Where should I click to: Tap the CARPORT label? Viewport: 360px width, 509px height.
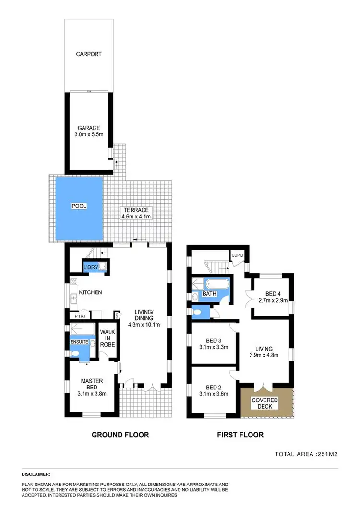pyautogui.click(x=89, y=54)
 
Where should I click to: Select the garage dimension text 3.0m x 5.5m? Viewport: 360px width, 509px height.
pyautogui.click(x=90, y=136)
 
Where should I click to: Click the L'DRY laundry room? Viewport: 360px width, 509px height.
pyautogui.click(x=91, y=267)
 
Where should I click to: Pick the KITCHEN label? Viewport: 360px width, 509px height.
pyautogui.click(x=90, y=292)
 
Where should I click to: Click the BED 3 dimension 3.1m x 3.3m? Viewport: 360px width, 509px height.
pyautogui.click(x=213, y=347)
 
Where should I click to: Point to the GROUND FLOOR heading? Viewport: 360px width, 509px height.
pyautogui.click(x=120, y=435)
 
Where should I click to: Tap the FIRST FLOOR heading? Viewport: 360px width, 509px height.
pyautogui.click(x=240, y=435)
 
